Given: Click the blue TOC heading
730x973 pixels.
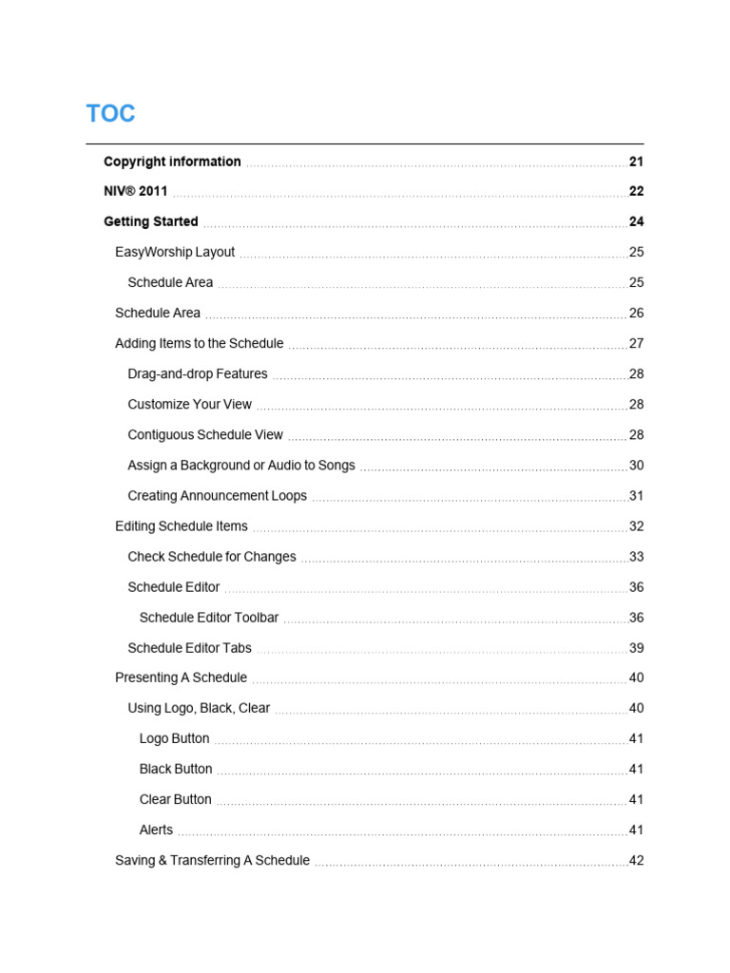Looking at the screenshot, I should [x=110, y=114].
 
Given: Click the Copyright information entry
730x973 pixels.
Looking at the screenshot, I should [x=172, y=162].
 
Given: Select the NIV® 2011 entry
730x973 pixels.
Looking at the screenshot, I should [x=135, y=191].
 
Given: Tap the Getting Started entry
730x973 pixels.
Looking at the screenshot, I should [x=151, y=221].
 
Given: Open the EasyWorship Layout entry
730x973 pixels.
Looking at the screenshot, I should [x=175, y=252].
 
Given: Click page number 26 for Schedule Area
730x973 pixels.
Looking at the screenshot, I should [x=636, y=313].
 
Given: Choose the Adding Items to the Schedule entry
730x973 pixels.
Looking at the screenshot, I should [x=200, y=343].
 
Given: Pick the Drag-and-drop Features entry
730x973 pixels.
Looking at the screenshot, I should [x=198, y=373].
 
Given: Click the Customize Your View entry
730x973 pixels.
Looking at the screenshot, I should [x=190, y=404].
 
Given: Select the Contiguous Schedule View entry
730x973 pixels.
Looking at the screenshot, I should [x=205, y=434].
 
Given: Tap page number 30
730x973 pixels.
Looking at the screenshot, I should [x=636, y=466].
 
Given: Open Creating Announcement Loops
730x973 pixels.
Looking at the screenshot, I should [x=218, y=496].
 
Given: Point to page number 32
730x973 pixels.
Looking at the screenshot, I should [x=636, y=526].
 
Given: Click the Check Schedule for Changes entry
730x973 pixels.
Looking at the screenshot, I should [x=212, y=557].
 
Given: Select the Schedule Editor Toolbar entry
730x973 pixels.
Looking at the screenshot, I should [x=209, y=618].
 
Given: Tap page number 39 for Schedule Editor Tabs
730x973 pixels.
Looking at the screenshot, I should [x=636, y=648].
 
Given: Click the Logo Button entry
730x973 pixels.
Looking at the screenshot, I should [x=174, y=738].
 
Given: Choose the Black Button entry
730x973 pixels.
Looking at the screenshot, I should [x=176, y=769].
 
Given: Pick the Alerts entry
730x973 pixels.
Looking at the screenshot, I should [x=156, y=830].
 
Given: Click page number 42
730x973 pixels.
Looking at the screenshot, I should [x=636, y=861].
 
